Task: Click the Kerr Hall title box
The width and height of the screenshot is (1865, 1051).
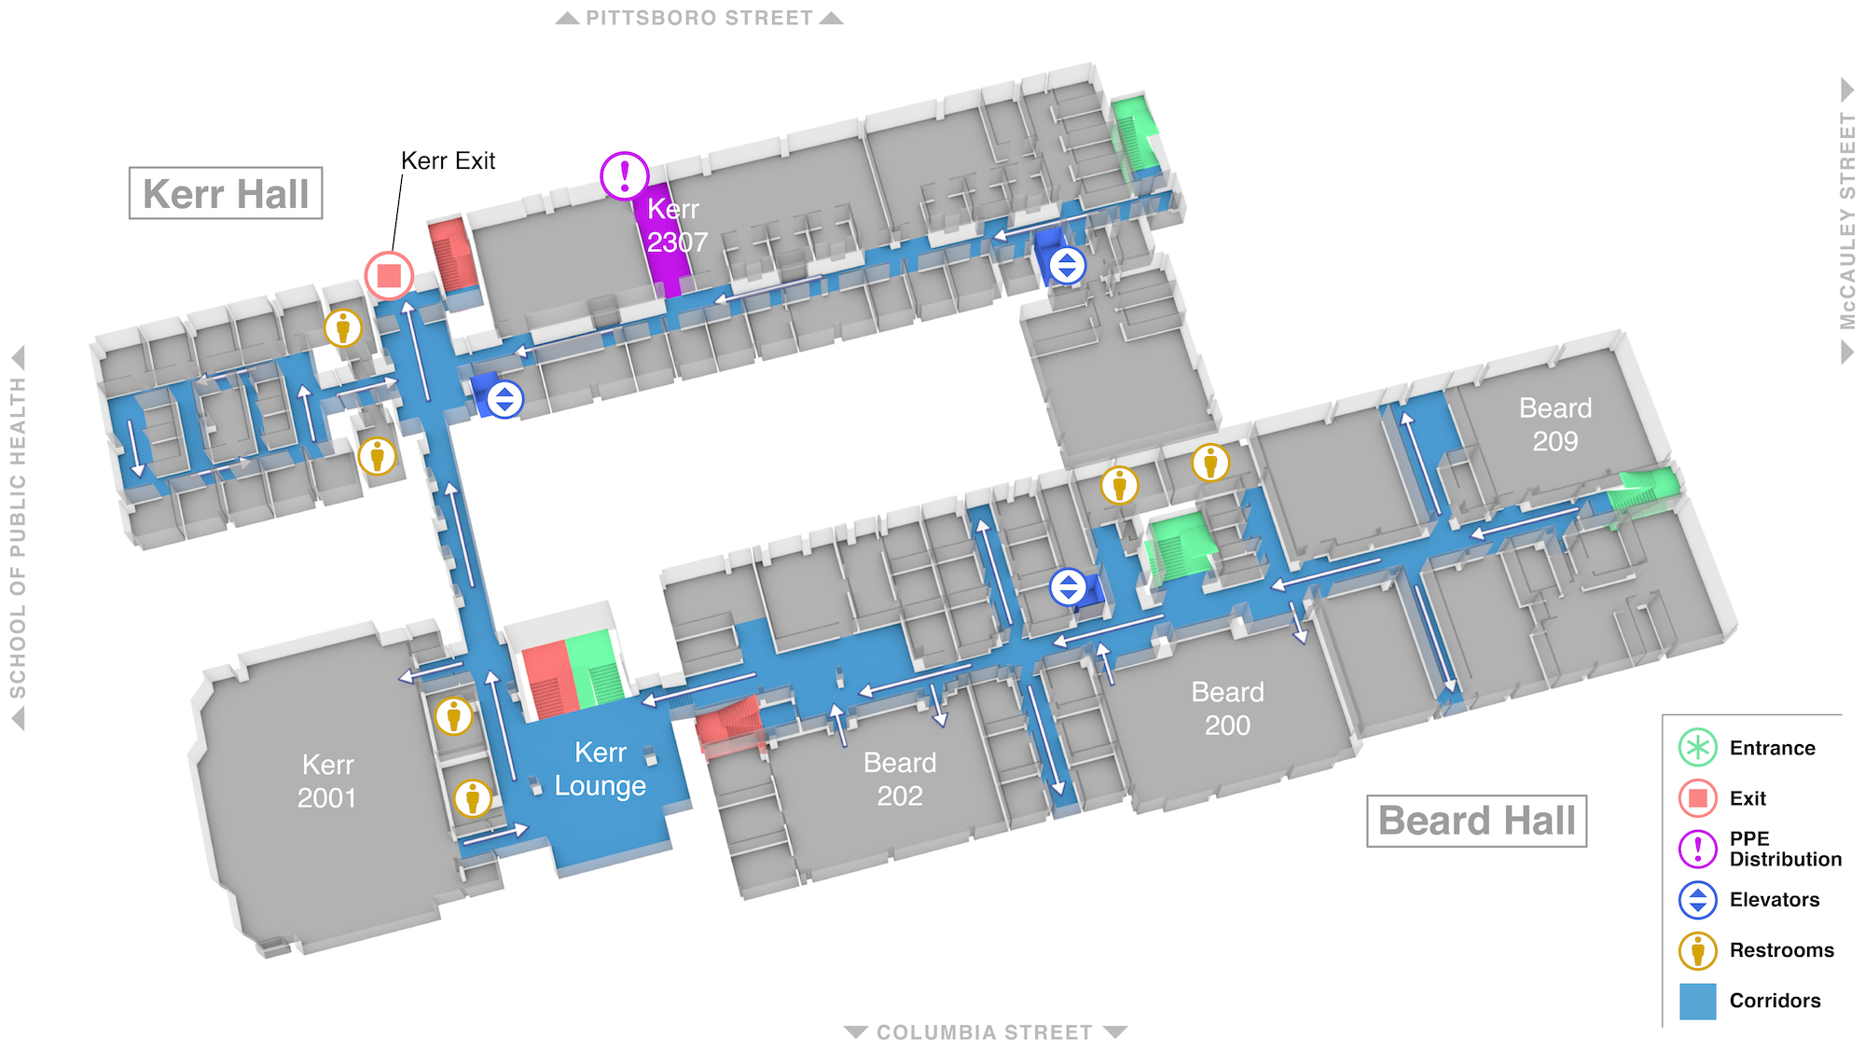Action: click(x=226, y=193)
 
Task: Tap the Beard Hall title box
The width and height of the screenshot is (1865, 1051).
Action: click(x=1477, y=821)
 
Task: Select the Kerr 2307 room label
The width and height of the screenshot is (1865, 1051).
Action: click(x=677, y=226)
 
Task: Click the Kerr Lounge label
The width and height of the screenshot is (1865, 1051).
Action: click(x=601, y=769)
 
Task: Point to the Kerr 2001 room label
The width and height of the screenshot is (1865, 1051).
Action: click(x=327, y=781)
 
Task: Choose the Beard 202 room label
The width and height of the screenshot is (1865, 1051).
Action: click(x=900, y=780)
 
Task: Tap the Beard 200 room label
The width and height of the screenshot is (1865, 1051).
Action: click(x=1227, y=709)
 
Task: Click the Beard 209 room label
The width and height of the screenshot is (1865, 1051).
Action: click(x=1555, y=424)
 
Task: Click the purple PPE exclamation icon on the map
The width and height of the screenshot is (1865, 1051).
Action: click(x=625, y=175)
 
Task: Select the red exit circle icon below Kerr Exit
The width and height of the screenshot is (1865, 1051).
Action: click(x=389, y=276)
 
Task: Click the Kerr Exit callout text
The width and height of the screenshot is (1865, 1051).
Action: click(x=448, y=160)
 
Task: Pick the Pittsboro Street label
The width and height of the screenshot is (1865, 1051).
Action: click(x=699, y=18)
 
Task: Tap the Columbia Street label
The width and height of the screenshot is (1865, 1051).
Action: click(x=985, y=1032)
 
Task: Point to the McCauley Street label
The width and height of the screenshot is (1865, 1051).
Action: click(x=1847, y=220)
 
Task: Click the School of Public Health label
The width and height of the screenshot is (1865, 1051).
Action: click(x=18, y=538)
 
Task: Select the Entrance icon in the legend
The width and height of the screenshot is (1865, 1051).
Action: click(x=1698, y=748)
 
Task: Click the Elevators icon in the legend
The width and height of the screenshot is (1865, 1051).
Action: click(x=1698, y=900)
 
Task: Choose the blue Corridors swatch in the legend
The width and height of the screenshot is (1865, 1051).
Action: click(x=1698, y=1001)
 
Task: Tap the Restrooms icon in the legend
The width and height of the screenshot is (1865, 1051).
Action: click(x=1698, y=950)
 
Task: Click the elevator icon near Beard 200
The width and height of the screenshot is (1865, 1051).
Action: click(x=1069, y=588)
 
